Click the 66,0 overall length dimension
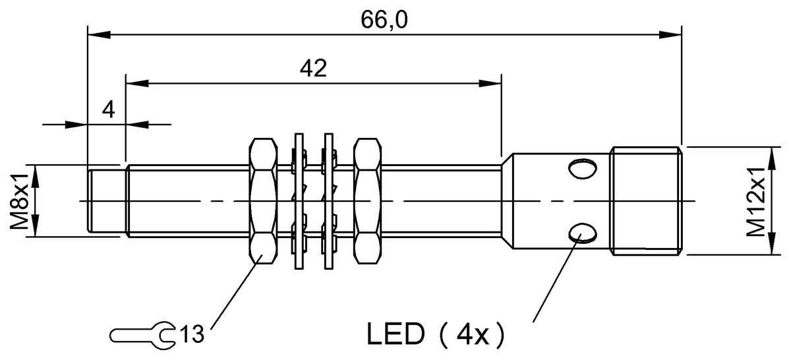click(384, 20)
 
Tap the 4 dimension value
click(108, 109)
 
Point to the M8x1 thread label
click(18, 201)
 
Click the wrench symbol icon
click(143, 334)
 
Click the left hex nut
click(263, 201)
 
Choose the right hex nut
click(366, 201)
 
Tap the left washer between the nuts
click(299, 201)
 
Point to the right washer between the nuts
click(327, 201)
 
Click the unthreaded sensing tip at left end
click(105, 201)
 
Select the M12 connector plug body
click(645, 201)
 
